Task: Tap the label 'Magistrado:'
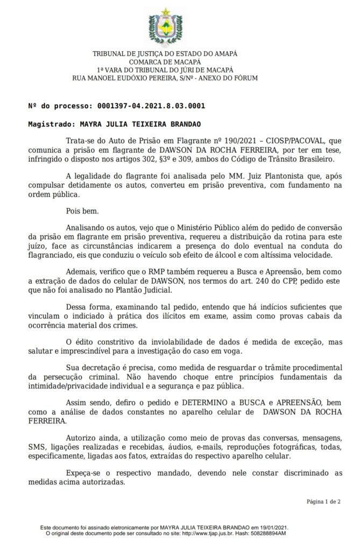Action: coord(48,124)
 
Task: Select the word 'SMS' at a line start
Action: coord(36,447)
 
